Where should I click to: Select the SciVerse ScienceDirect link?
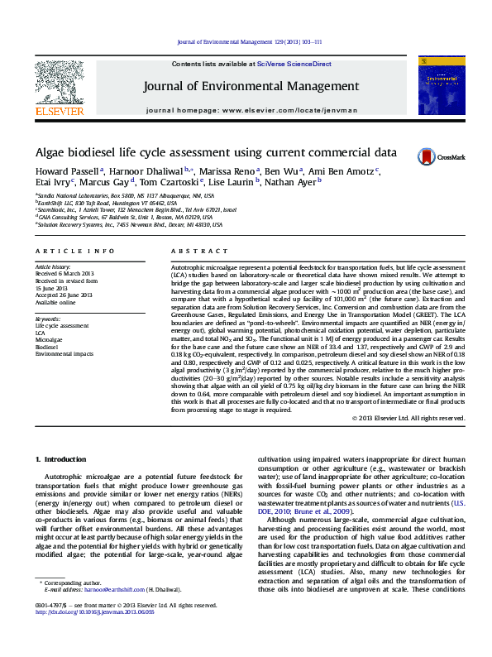pyautogui.click(x=294, y=64)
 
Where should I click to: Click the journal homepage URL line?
pyautogui.click(x=251, y=109)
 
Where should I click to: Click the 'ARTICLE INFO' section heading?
pyautogui.click(x=74, y=250)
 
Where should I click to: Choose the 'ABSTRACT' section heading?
pyautogui.click(x=199, y=250)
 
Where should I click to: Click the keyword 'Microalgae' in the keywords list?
pyautogui.click(x=48, y=339)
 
